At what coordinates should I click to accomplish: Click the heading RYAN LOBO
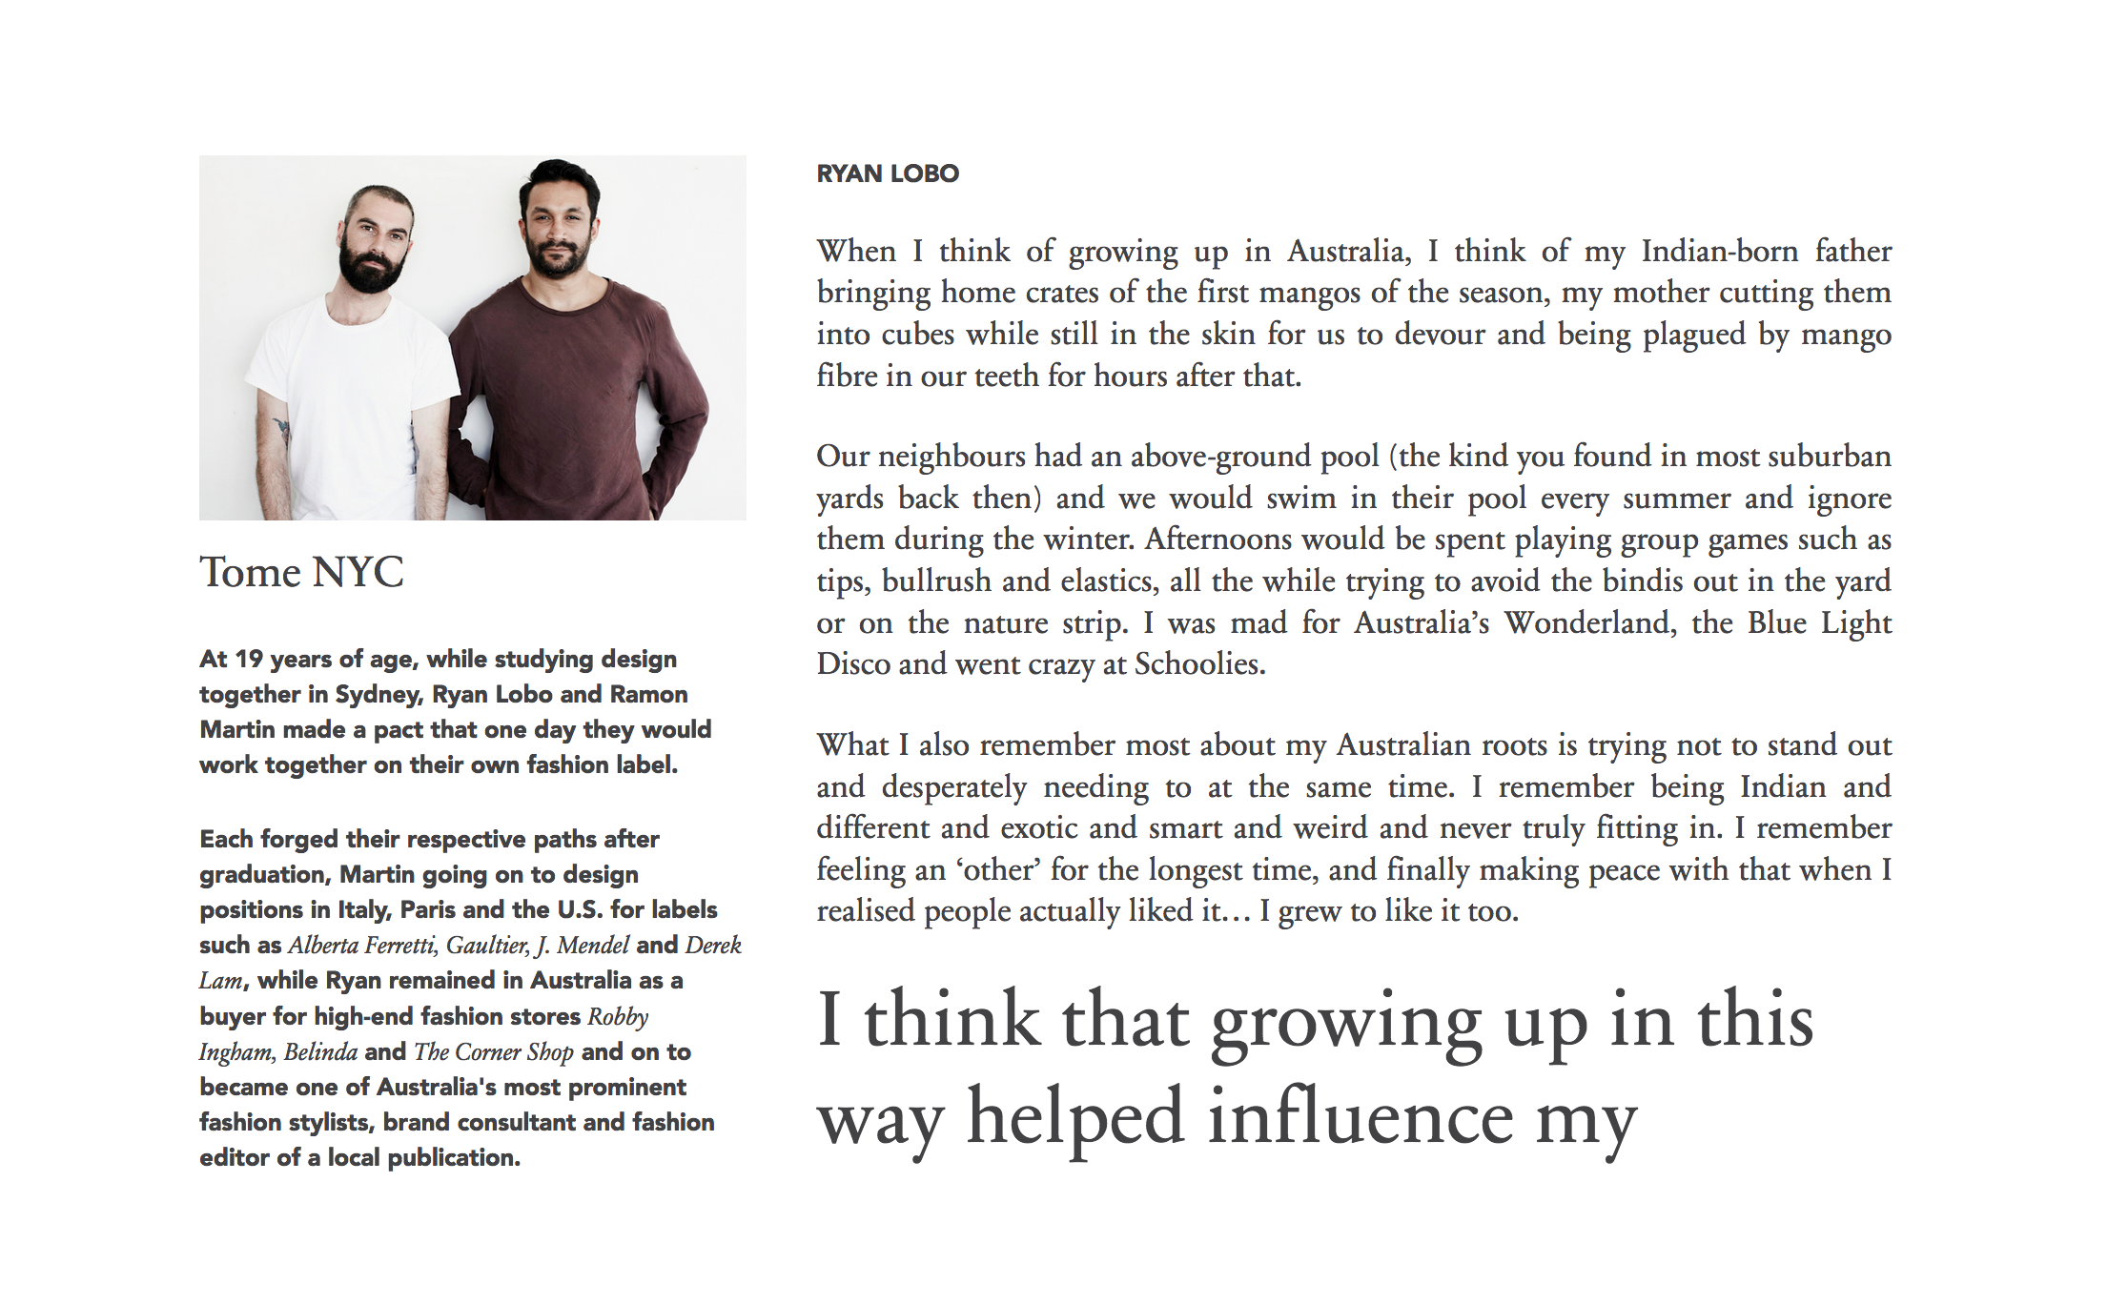[x=888, y=173]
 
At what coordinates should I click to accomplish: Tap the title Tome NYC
[x=301, y=572]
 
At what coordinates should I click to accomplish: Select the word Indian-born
[x=1719, y=251]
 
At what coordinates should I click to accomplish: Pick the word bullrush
[x=935, y=581]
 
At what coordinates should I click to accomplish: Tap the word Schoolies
[x=1199, y=664]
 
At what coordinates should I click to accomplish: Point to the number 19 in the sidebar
[x=248, y=660]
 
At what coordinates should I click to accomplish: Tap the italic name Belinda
[x=320, y=1052]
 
